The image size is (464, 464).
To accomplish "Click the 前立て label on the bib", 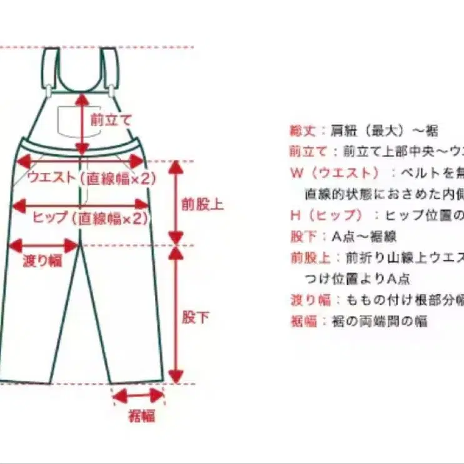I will click(110, 120).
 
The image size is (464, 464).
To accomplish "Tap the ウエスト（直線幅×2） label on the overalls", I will click(91, 179).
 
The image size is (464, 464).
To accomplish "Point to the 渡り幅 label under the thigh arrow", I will click(42, 261).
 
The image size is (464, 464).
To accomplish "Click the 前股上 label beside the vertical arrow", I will click(202, 204).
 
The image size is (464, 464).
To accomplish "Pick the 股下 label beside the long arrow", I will click(196, 317).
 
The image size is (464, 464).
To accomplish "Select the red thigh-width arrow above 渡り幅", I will click(42, 245).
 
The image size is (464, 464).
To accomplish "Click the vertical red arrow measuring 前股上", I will click(176, 202).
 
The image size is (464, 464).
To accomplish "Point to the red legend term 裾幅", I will click(304, 322).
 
